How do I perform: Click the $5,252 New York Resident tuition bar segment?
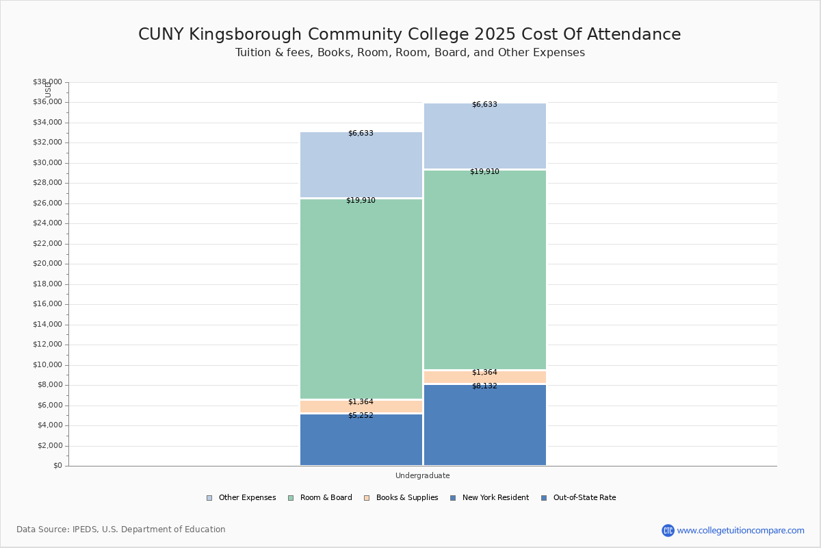[x=361, y=440]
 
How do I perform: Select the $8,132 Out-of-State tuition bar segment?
[x=484, y=425]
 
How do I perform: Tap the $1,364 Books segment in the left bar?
[x=361, y=407]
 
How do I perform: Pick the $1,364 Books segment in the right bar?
[x=484, y=377]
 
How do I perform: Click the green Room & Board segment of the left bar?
[x=361, y=299]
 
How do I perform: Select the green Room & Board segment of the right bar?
[x=484, y=270]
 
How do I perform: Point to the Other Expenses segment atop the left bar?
[x=361, y=165]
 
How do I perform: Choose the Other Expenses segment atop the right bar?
[x=484, y=136]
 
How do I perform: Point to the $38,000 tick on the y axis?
[x=47, y=82]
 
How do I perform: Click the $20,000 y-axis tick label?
[x=47, y=264]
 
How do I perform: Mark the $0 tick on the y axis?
[x=56, y=466]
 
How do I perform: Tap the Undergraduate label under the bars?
[x=422, y=475]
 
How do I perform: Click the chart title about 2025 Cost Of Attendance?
[x=409, y=35]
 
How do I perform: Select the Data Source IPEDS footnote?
[x=121, y=530]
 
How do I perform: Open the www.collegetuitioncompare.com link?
[x=740, y=530]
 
